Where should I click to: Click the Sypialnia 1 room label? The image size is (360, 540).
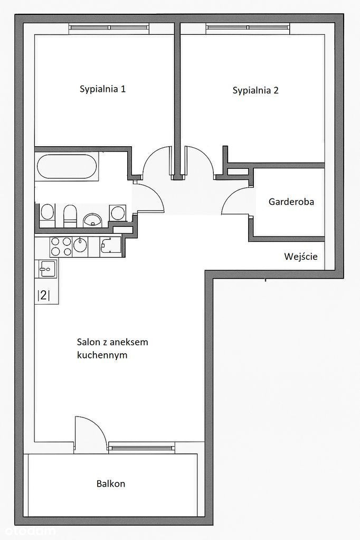(102, 89)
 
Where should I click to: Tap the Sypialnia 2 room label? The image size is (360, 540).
(255, 91)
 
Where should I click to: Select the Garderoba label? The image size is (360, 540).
(291, 202)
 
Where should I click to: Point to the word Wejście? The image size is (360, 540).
(301, 257)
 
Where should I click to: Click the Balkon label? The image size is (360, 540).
(110, 484)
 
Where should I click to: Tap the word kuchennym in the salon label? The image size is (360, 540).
(102, 355)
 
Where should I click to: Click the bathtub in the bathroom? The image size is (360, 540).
(67, 166)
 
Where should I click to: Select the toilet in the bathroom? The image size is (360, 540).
(70, 216)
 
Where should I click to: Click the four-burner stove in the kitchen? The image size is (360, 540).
(61, 247)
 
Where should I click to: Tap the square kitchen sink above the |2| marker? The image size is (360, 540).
(47, 269)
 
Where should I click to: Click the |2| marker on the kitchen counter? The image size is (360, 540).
(43, 295)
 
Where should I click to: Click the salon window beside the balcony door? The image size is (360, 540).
(141, 447)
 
